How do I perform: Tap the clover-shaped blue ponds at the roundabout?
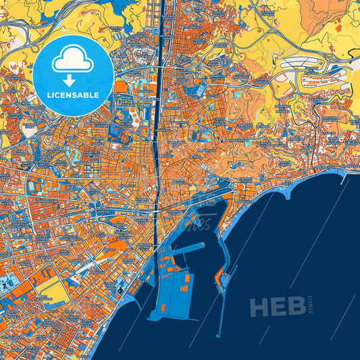tap(97, 200)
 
